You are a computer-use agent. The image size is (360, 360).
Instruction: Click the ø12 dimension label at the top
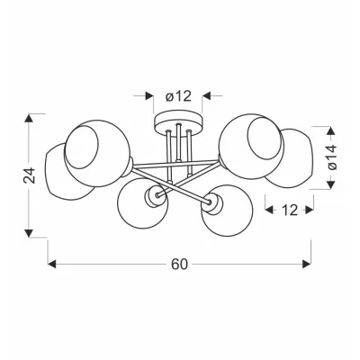(x=178, y=96)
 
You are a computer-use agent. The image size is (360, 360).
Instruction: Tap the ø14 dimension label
(x=333, y=157)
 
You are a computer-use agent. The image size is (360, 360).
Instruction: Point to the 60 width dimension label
(x=179, y=265)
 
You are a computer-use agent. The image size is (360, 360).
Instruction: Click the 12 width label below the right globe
(x=290, y=211)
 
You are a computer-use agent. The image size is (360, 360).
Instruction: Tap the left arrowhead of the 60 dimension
(x=52, y=265)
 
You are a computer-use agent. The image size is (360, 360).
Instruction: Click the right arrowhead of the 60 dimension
(x=307, y=265)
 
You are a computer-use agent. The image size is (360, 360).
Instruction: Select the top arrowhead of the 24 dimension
(x=29, y=118)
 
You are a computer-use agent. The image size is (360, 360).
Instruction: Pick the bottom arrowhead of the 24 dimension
(x=29, y=233)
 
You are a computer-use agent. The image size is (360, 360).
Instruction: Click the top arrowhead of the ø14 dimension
(x=330, y=131)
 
